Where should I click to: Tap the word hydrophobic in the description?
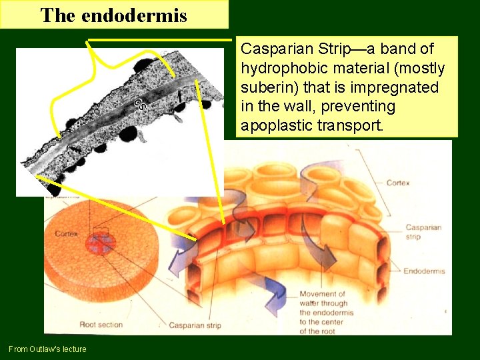[277, 69]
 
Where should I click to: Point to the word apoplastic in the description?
[274, 125]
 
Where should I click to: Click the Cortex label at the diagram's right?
[398, 183]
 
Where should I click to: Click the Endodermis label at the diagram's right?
[425, 271]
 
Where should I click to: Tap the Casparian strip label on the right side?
[423, 232]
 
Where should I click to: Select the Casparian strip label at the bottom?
[195, 325]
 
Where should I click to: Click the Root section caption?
[101, 325]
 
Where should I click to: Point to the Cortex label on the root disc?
[67, 234]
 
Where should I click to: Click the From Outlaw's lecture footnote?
[47, 349]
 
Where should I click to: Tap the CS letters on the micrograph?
[140, 104]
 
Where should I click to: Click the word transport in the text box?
[361, 125]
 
